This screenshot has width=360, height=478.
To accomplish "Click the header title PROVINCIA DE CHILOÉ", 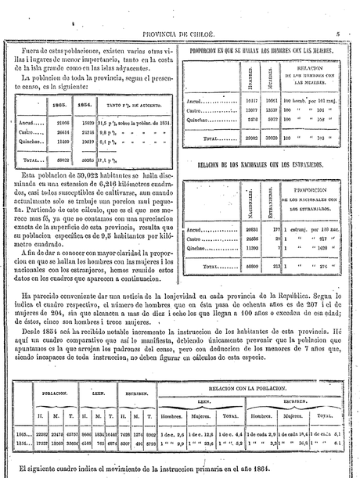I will pos(180,34).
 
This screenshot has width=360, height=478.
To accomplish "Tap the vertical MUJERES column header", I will pos(271,81).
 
